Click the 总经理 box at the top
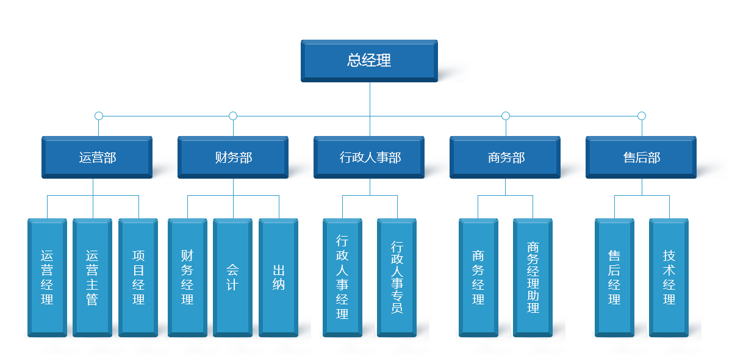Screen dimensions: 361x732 [x=369, y=60]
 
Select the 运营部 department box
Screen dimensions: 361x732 [x=97, y=157]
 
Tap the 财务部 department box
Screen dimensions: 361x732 [x=233, y=157]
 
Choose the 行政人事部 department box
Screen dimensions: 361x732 [x=369, y=157]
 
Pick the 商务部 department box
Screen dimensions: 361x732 [x=505, y=157]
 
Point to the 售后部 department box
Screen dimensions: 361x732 [x=641, y=157]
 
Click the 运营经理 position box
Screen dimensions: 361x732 [x=47, y=277]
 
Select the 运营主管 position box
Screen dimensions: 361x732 [x=92, y=277]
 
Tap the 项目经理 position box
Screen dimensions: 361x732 [x=138, y=277]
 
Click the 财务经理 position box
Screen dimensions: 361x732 [x=187, y=277]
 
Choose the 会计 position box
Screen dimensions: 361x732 [x=232, y=277]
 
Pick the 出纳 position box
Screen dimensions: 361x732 [x=278, y=277]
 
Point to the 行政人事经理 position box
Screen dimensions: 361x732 [x=342, y=277]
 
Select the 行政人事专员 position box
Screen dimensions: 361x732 [x=396, y=277]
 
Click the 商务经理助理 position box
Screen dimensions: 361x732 [x=533, y=277]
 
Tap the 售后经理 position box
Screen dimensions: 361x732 [x=614, y=277]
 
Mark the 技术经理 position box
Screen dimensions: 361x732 [x=669, y=277]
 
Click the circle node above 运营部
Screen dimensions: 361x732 [x=99, y=116]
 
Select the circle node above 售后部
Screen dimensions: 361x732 [x=641, y=116]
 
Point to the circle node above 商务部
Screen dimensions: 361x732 [x=505, y=116]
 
